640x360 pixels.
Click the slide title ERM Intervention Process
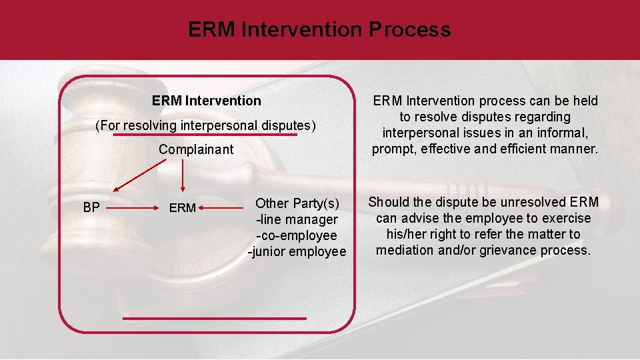(319, 29)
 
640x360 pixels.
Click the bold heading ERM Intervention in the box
(207, 101)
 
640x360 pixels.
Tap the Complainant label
(196, 149)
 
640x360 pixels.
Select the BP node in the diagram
(91, 207)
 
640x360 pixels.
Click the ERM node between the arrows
(183, 208)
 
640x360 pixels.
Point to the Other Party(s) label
(297, 203)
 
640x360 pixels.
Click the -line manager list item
(297, 219)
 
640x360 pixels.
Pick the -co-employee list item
(297, 235)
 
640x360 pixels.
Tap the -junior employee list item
(297, 251)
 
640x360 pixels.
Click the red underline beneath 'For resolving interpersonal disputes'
(205, 134)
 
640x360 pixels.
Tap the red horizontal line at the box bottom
(215, 318)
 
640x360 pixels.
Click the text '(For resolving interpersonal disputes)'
(205, 125)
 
